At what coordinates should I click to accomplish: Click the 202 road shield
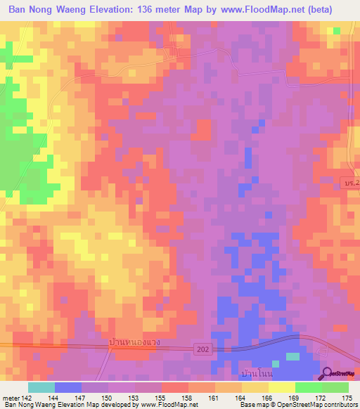[x=203, y=349]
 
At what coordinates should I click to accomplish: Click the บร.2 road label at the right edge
[x=352, y=183]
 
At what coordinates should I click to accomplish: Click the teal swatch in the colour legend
[x=41, y=387]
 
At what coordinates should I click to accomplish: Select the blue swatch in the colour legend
[x=68, y=387]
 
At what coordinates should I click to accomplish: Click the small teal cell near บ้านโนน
[x=292, y=357]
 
